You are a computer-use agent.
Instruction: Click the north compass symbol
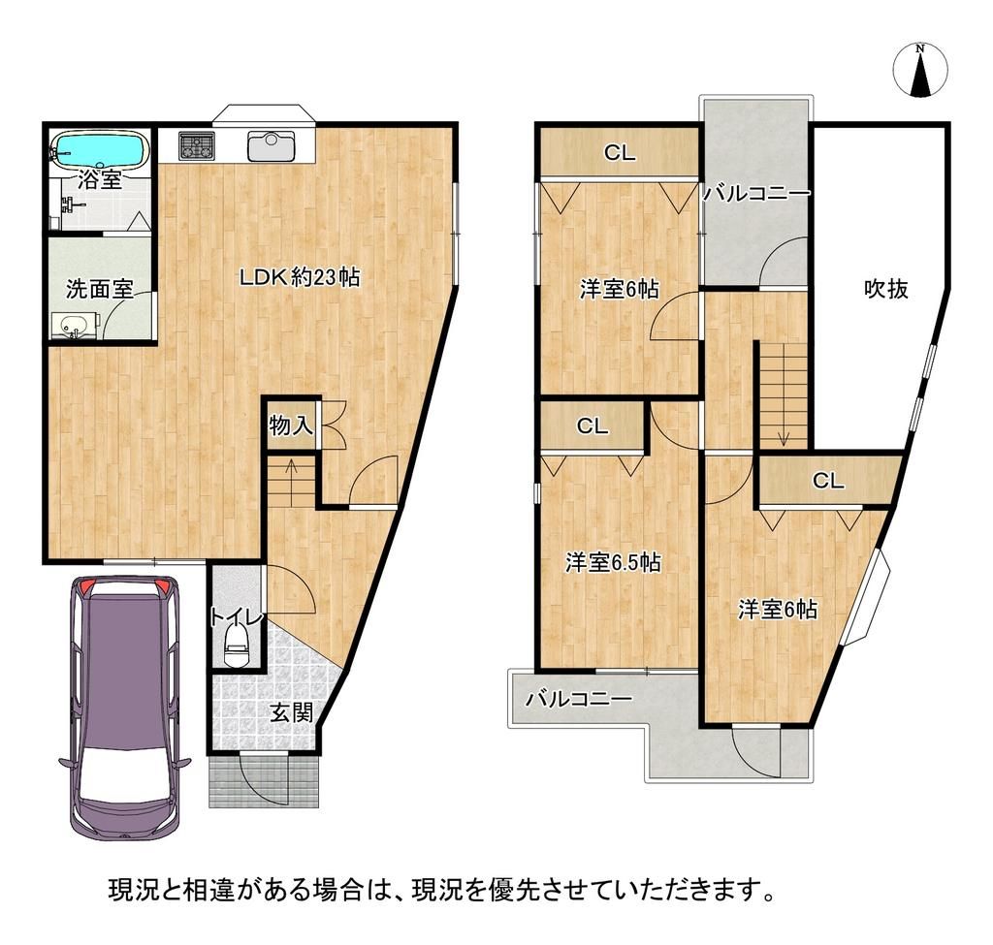(920, 70)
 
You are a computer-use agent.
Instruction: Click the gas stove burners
(198, 145)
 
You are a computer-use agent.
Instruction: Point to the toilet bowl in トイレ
(238, 645)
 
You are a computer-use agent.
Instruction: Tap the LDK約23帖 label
(299, 276)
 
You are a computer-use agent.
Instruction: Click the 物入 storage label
(291, 425)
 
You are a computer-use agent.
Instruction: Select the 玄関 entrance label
(292, 713)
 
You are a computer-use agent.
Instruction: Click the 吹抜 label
(886, 289)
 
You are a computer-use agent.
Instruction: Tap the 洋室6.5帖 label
(613, 562)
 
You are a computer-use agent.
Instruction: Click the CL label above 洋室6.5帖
(593, 426)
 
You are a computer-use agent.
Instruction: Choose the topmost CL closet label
(620, 152)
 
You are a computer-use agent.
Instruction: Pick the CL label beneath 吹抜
(828, 481)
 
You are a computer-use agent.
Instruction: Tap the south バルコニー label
(579, 699)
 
